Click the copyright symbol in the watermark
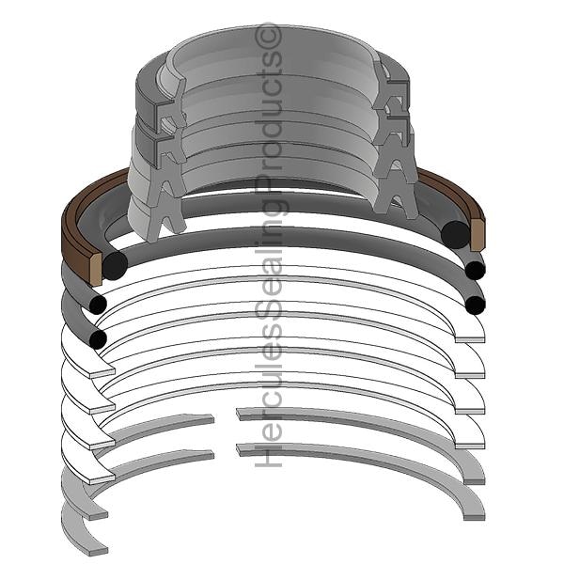point(268,36)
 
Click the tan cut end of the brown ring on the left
point(96,268)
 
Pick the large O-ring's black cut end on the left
point(115,265)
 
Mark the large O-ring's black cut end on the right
point(455,234)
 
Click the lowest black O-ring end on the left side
point(98,338)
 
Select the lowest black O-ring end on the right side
point(475,305)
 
